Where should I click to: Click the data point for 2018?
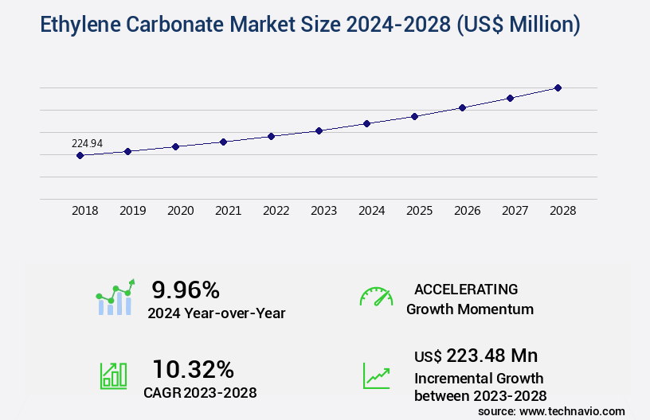click(80, 156)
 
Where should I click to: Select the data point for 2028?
click(558, 87)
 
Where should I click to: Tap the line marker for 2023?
click(319, 130)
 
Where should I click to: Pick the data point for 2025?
click(414, 116)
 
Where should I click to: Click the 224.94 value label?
click(88, 143)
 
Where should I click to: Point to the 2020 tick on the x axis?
click(181, 211)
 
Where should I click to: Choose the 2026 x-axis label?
click(468, 211)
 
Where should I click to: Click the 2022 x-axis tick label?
click(276, 211)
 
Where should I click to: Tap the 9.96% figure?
click(186, 290)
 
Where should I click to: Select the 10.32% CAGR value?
click(194, 369)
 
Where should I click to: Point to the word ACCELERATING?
click(466, 289)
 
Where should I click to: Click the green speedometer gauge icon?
click(376, 297)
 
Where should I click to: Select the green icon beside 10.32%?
click(113, 375)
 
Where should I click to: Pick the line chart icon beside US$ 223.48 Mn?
click(376, 375)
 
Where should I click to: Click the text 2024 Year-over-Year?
click(217, 313)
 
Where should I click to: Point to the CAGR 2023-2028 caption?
click(200, 392)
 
